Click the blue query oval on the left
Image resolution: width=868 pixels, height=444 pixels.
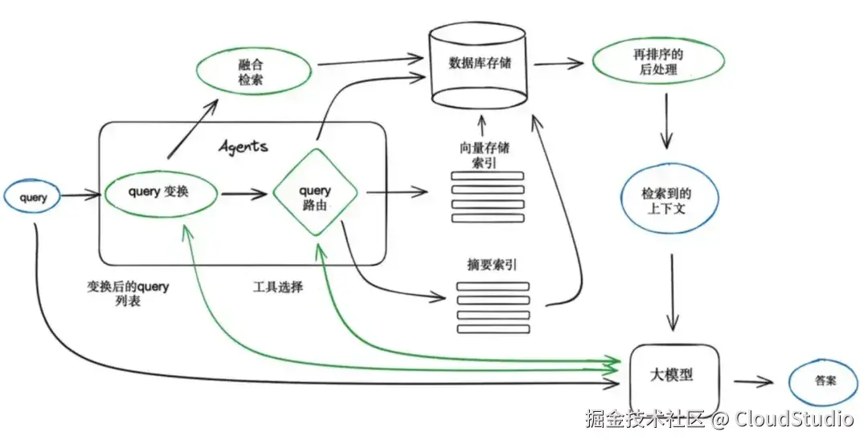[x=32, y=197]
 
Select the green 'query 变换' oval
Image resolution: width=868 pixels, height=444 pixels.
[x=161, y=193]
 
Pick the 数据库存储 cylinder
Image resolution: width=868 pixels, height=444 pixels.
[x=480, y=64]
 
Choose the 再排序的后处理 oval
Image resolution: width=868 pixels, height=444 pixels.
[x=657, y=63]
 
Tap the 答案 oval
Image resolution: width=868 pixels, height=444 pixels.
[x=823, y=381]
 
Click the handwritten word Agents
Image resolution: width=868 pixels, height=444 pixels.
[x=244, y=147]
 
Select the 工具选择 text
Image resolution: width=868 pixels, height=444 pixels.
[x=277, y=287]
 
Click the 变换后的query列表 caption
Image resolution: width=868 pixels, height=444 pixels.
[x=128, y=295]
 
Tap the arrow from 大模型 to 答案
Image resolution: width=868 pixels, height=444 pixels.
[x=751, y=382]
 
